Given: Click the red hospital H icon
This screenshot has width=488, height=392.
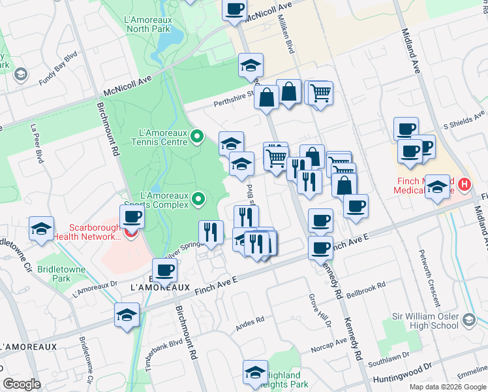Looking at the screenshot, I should pyautogui.click(x=464, y=185).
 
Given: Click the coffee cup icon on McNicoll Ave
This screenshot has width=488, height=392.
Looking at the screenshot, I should pyautogui.click(x=235, y=8).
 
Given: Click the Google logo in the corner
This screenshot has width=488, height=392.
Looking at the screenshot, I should pyautogui.click(x=22, y=384).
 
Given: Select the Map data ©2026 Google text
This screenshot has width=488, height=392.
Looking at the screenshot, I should pyautogui.click(x=447, y=387).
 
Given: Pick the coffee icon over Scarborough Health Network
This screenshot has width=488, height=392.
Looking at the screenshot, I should pyautogui.click(x=132, y=216).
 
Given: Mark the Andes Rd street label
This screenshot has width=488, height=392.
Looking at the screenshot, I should pyautogui.click(x=251, y=321).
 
